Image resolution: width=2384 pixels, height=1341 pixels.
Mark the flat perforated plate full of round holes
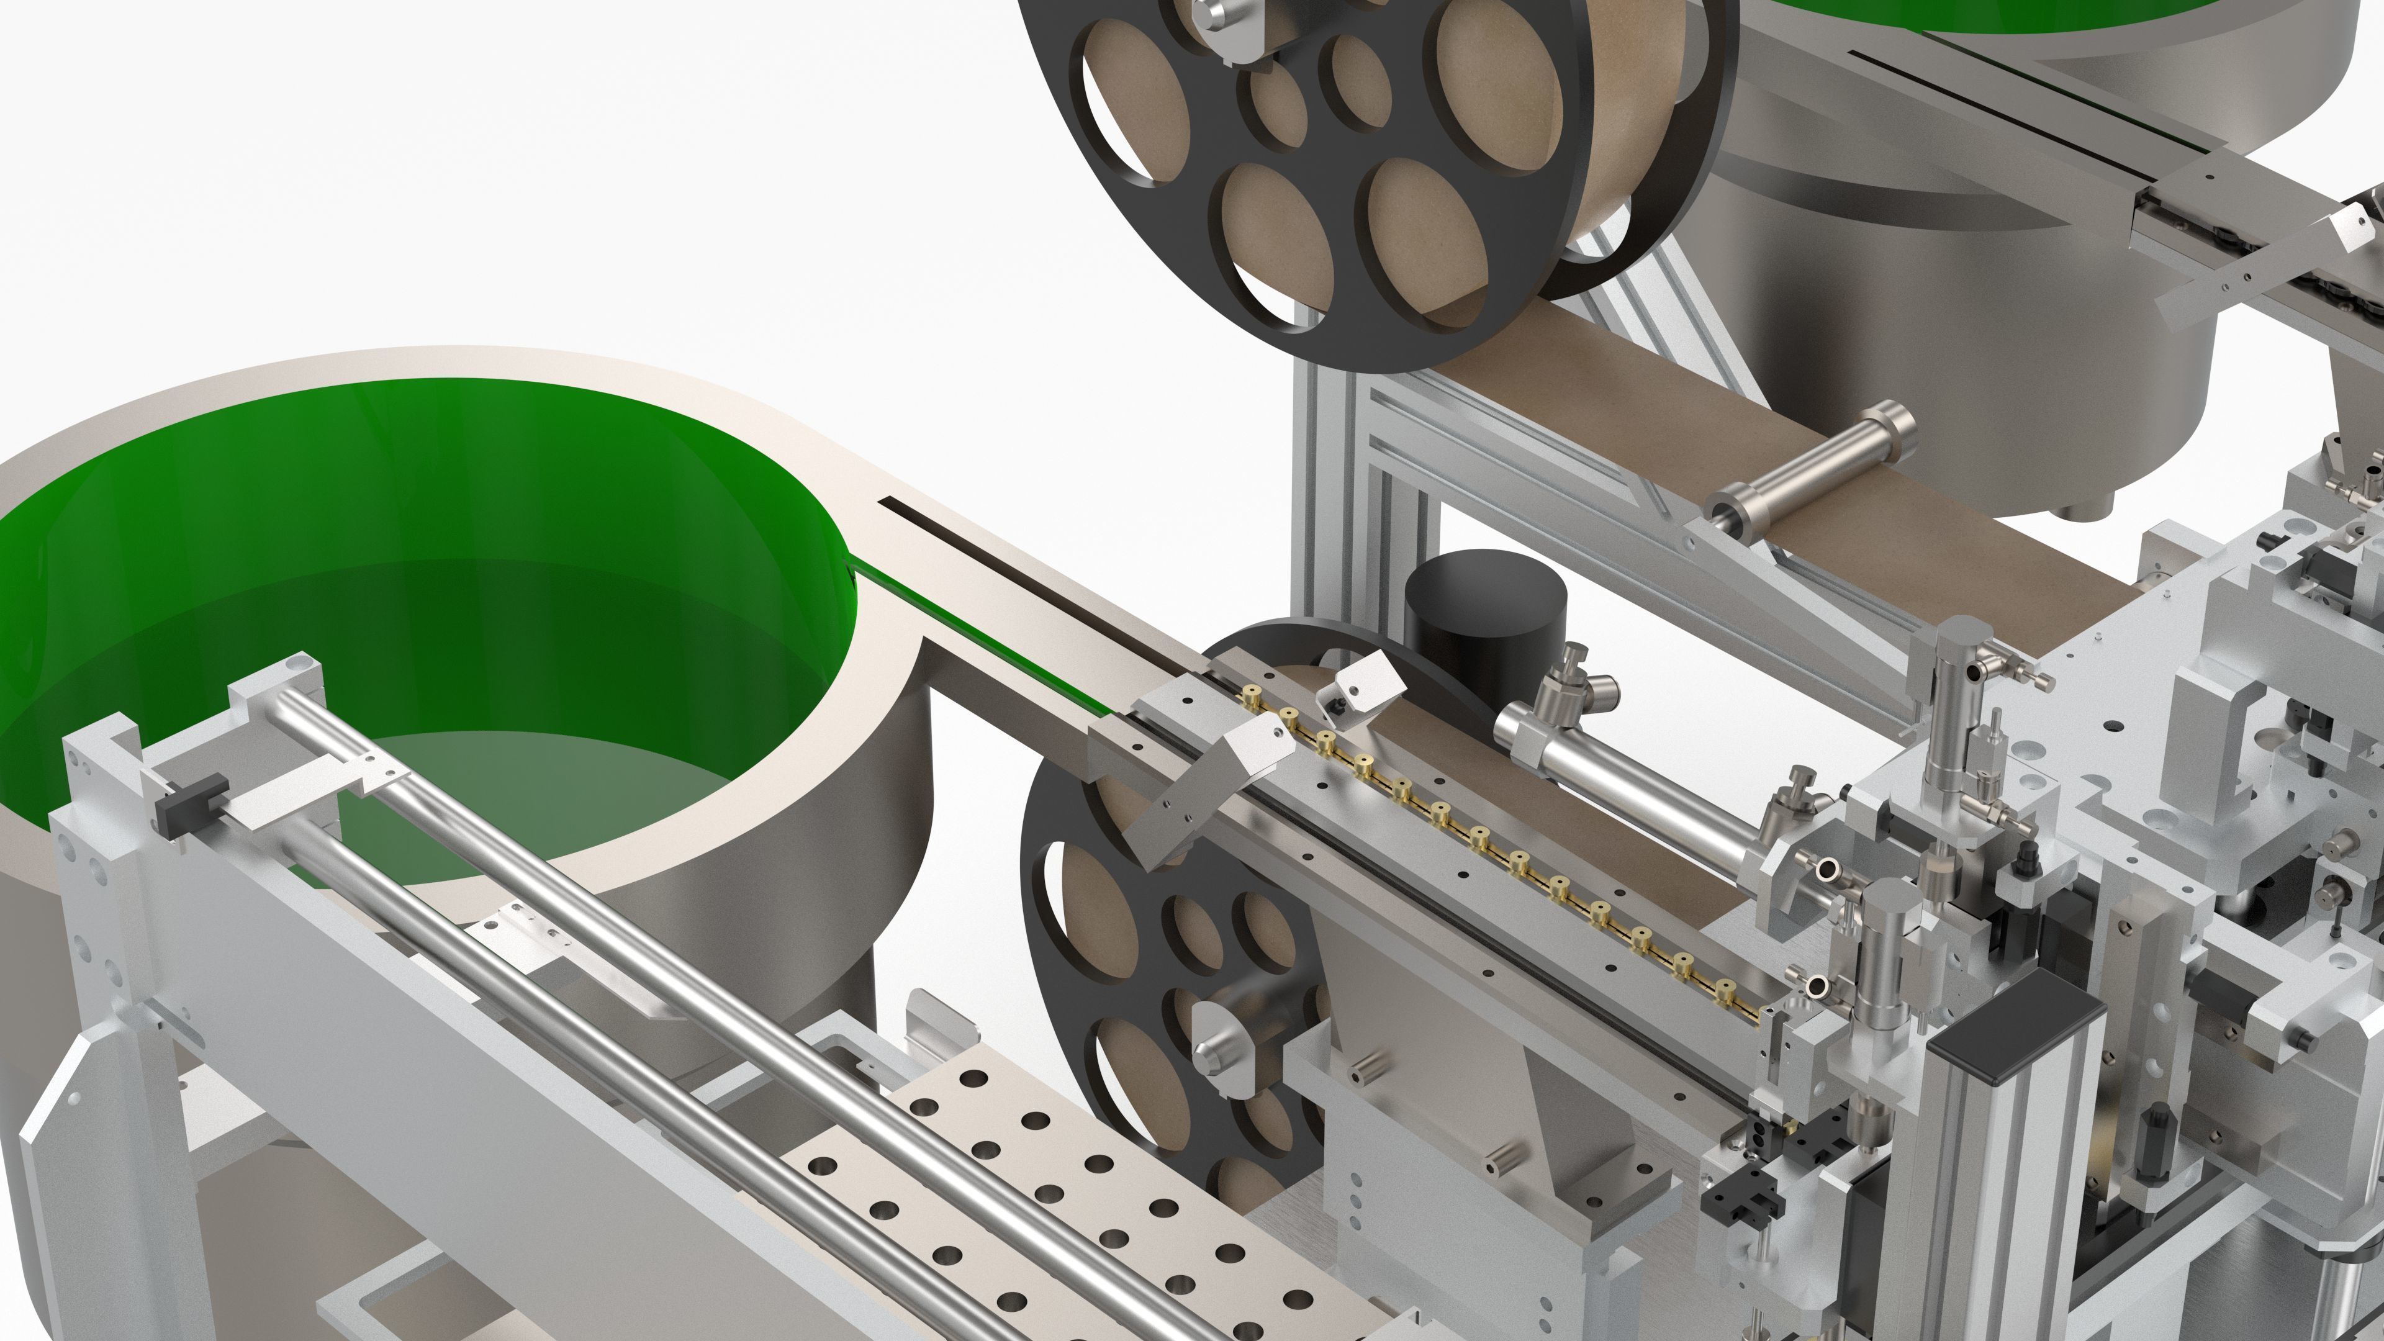click(x=1064, y=1185)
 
